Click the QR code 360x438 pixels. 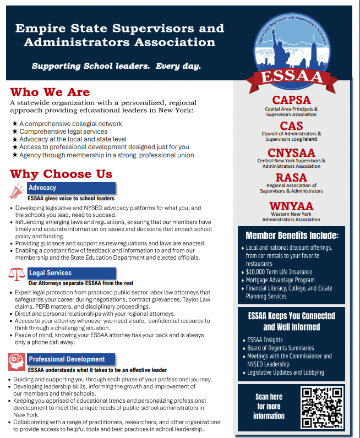(x=322, y=407)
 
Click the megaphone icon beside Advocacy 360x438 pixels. (x=17, y=191)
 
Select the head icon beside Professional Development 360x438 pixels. (x=17, y=362)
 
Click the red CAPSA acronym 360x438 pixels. (x=291, y=100)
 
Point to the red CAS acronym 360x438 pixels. (x=291, y=126)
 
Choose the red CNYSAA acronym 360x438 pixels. (x=291, y=152)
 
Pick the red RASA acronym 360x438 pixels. (x=291, y=178)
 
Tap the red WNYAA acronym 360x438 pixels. (x=291, y=206)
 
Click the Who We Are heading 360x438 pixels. (x=50, y=92)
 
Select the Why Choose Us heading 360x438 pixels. (x=61, y=174)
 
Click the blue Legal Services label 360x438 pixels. (x=50, y=273)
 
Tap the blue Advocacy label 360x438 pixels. (x=42, y=188)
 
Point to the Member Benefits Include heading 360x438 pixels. (x=292, y=236)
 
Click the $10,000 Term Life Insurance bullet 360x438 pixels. (x=279, y=272)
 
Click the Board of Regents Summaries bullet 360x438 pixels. (x=280, y=348)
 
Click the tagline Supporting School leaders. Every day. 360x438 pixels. (x=116, y=66)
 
